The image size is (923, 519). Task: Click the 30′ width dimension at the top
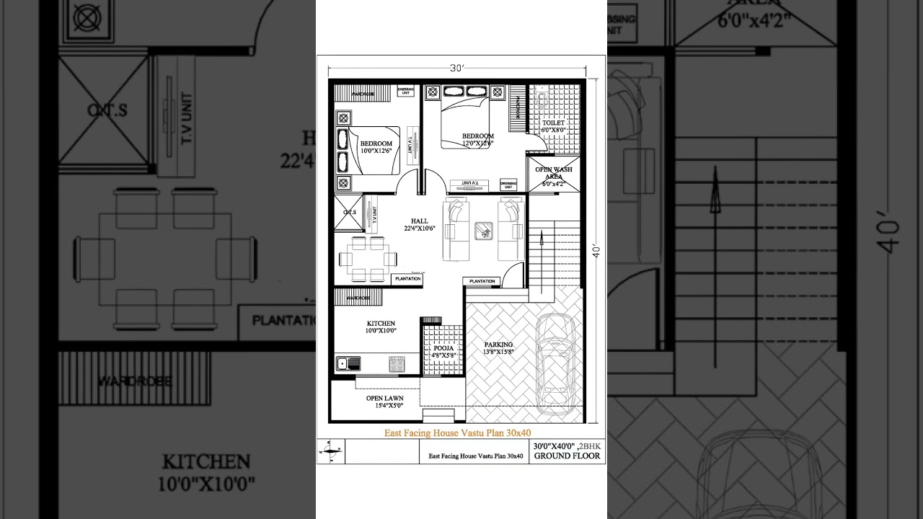click(456, 68)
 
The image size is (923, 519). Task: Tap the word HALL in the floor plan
click(420, 221)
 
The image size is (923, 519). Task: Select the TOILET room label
click(554, 123)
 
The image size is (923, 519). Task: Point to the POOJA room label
click(443, 348)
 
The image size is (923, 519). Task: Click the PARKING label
click(498, 345)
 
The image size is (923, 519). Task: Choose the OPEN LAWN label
click(384, 398)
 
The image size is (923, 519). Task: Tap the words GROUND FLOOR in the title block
click(567, 456)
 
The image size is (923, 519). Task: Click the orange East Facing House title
click(457, 432)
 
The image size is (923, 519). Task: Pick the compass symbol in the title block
click(331, 452)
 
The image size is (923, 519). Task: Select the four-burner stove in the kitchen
click(397, 364)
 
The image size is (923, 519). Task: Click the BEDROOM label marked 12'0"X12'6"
click(478, 136)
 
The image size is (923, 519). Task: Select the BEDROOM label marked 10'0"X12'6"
click(376, 143)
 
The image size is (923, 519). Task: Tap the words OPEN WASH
click(553, 169)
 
